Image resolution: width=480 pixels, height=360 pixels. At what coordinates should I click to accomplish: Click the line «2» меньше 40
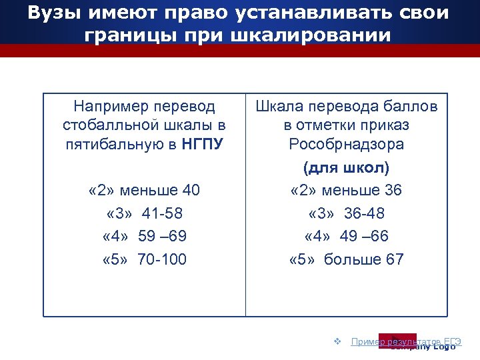point(144,191)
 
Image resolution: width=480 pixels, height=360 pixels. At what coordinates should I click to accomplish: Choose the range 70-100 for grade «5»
point(162,259)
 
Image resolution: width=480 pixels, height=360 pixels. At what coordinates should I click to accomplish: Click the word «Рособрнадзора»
point(346,144)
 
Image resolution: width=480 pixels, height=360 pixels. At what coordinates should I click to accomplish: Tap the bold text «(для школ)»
point(346,168)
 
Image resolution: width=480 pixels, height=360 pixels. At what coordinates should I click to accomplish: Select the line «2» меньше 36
point(346,191)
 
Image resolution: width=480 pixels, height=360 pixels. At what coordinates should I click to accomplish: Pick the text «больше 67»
point(364,259)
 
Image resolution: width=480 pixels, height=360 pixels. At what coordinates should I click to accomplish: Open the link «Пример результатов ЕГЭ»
point(405,341)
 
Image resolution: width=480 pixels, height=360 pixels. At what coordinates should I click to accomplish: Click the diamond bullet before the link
point(337,341)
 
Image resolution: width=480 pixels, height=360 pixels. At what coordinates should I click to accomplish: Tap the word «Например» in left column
point(112,106)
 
